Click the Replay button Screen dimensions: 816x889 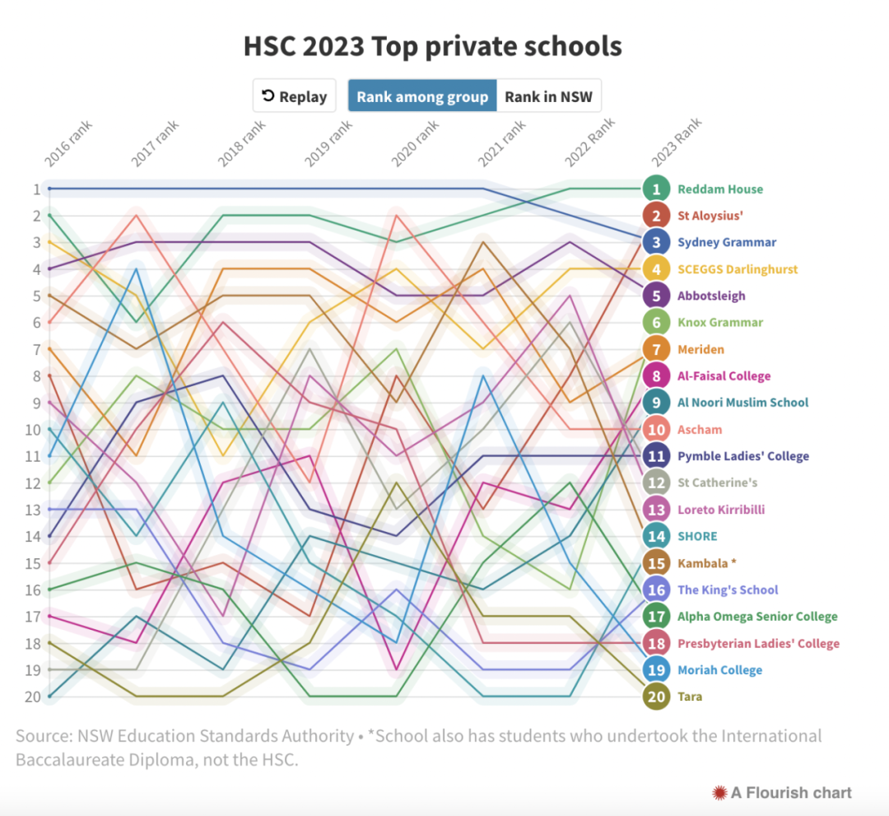[x=295, y=96]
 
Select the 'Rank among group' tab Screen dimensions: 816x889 [x=422, y=96]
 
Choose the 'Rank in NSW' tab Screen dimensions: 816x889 [x=549, y=96]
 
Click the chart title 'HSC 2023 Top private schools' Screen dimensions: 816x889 [x=432, y=46]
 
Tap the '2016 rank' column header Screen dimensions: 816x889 [x=68, y=145]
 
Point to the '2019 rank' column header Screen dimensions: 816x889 [x=329, y=145]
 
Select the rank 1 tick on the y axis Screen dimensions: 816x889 [x=36, y=189]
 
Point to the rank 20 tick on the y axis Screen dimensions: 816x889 [x=33, y=697]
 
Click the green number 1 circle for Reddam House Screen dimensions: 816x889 [x=656, y=189]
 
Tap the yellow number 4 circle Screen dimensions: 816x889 [x=656, y=269]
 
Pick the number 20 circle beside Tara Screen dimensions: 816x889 [x=656, y=697]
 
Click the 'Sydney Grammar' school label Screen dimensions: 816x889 [x=727, y=242]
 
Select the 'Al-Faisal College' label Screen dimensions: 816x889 [x=724, y=376]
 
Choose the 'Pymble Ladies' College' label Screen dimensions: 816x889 [x=742, y=456]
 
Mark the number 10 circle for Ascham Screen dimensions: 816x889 [x=656, y=430]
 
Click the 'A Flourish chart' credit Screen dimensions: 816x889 [x=782, y=793]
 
